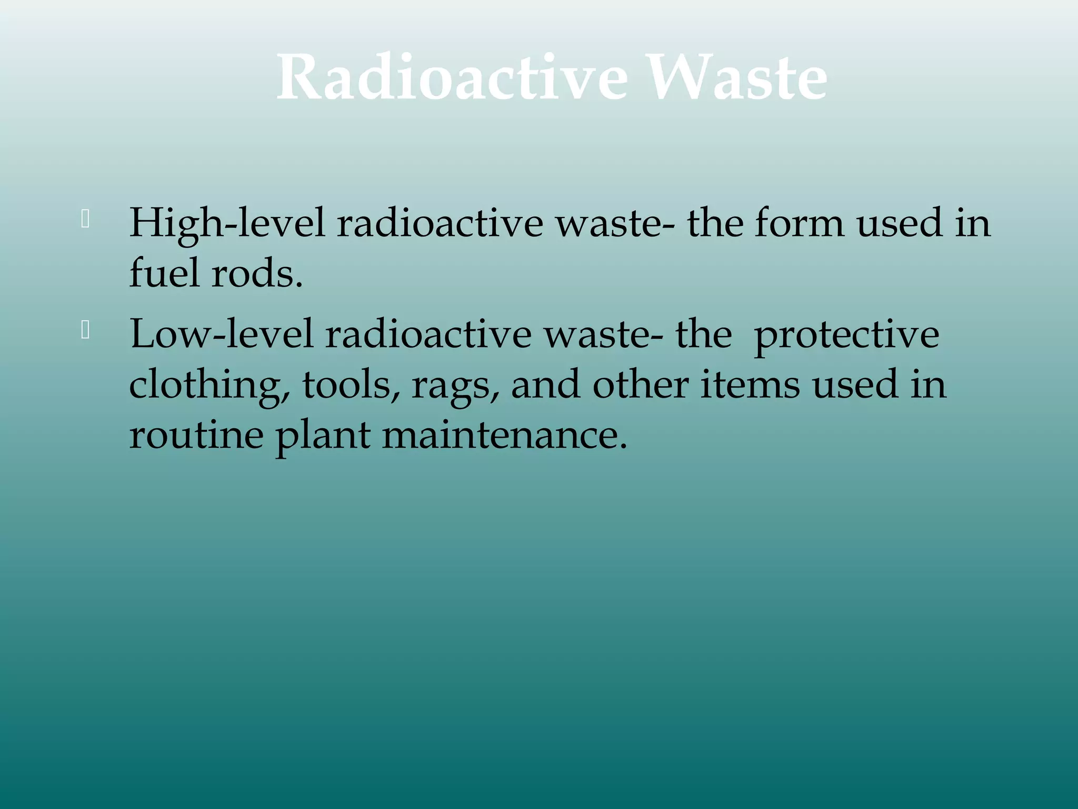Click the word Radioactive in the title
click(x=452, y=78)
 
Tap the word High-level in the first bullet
click(x=227, y=223)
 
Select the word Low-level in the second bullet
click(x=222, y=334)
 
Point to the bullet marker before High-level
click(x=85, y=219)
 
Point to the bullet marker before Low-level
click(x=85, y=330)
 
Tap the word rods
click(x=256, y=274)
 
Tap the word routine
click(x=196, y=435)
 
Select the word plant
click(x=323, y=436)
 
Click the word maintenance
click(x=505, y=435)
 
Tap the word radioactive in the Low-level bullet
click(x=428, y=334)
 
